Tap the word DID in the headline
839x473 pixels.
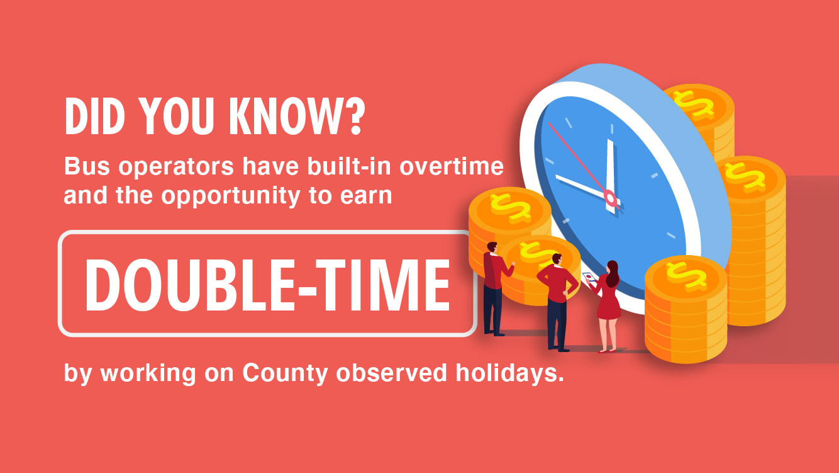(95, 117)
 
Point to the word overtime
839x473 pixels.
(452, 166)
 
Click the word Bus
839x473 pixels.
(87, 166)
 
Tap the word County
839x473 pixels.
(286, 373)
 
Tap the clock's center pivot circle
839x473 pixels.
(611, 198)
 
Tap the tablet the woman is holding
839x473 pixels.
(589, 277)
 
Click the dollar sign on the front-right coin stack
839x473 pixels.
(686, 276)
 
